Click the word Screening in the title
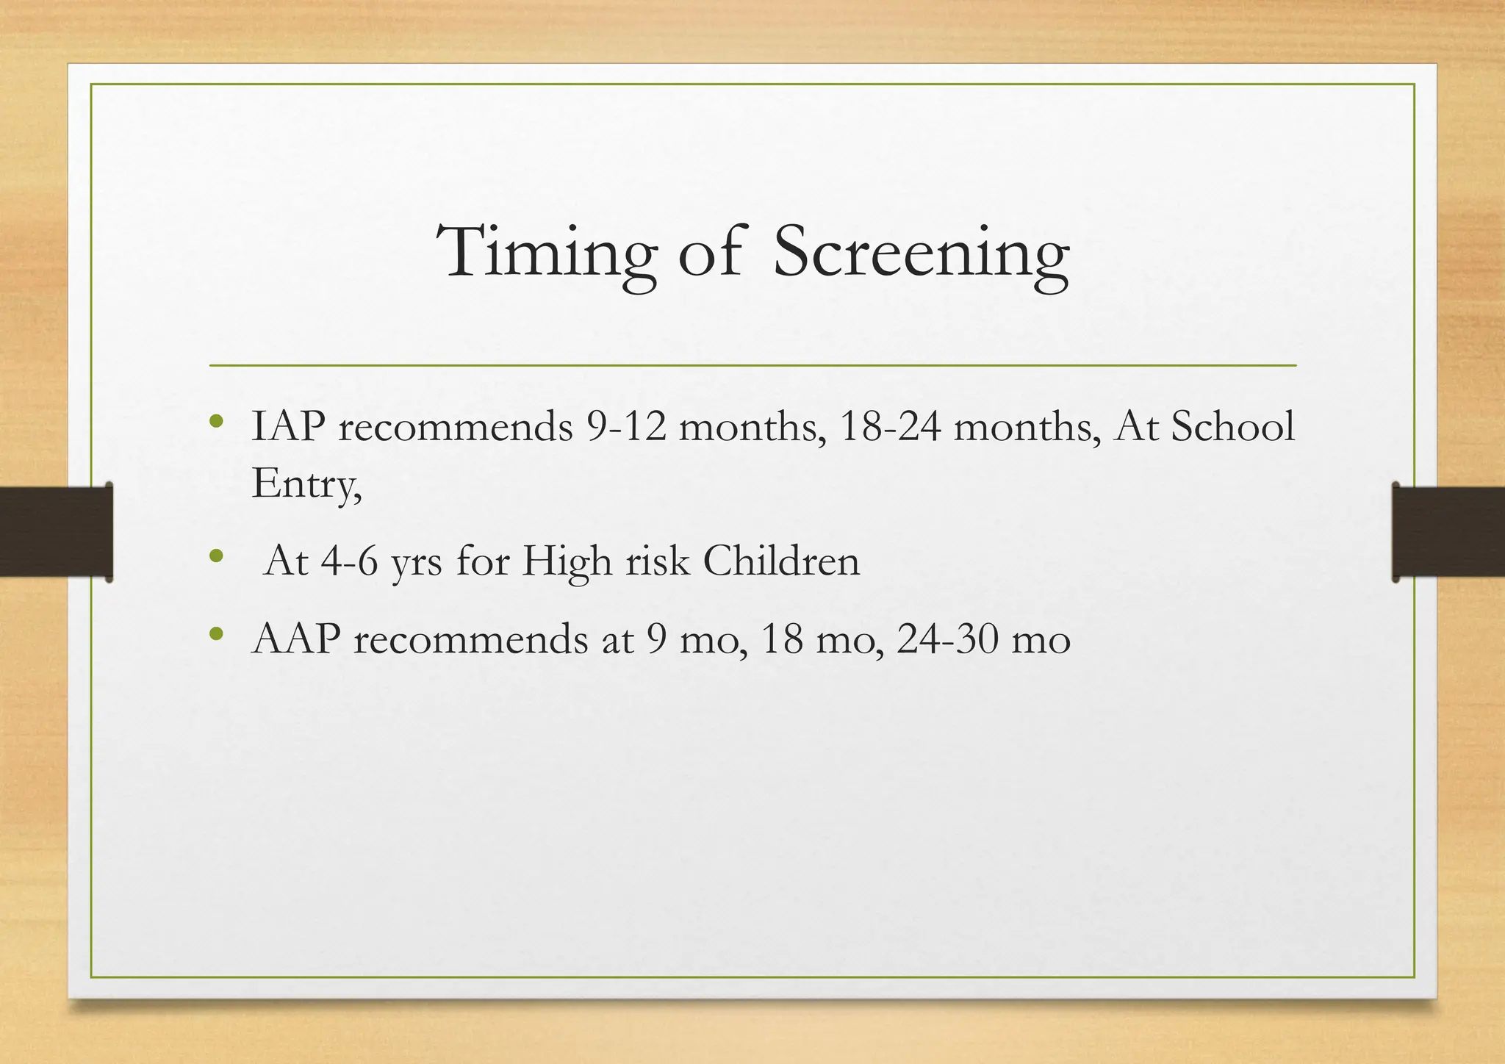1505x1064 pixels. [922, 254]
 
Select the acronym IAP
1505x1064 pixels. [289, 426]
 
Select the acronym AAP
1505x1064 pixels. [296, 639]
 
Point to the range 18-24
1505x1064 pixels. [889, 426]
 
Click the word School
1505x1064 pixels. [1232, 426]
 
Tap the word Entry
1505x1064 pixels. [306, 484]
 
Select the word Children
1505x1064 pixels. [781, 561]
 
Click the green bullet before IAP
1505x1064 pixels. [215, 422]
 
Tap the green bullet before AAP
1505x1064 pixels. [215, 633]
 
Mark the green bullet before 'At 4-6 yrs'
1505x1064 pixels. [215, 556]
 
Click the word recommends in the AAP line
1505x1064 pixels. [470, 639]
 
